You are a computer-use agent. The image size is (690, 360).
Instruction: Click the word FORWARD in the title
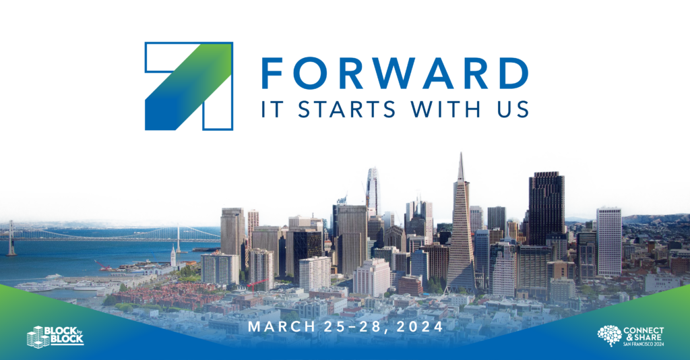pyautogui.click(x=395, y=73)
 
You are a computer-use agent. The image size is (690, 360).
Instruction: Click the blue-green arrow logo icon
pyautogui.click(x=189, y=86)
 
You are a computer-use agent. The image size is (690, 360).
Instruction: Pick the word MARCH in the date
pyautogui.click(x=282, y=326)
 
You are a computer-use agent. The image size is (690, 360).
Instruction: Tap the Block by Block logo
pyautogui.click(x=55, y=336)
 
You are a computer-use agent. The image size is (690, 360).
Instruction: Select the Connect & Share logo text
pyautogui.click(x=644, y=336)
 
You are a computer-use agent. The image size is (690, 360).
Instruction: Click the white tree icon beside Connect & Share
pyautogui.click(x=609, y=335)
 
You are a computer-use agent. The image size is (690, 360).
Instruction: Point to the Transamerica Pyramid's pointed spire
pyautogui.click(x=461, y=167)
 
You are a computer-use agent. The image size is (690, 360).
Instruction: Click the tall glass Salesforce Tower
pyautogui.click(x=372, y=191)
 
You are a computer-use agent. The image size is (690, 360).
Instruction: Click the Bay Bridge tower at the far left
pyautogui.click(x=11, y=238)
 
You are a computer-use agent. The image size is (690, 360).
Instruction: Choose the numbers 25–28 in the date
pyautogui.click(x=356, y=326)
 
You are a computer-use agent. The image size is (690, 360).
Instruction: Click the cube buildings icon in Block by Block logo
pyautogui.click(x=36, y=337)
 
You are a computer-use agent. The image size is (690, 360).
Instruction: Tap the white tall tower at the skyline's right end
pyautogui.click(x=609, y=241)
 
